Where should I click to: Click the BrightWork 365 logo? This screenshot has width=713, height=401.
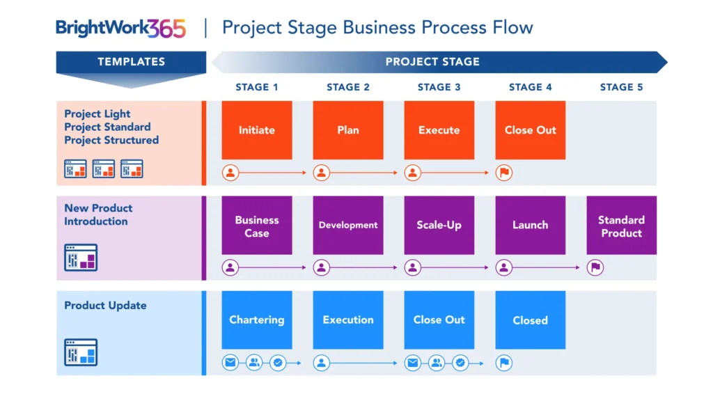[x=120, y=29]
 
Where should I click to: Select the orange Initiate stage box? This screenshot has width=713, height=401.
[x=257, y=130]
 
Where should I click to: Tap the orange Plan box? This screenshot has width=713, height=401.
[x=348, y=130]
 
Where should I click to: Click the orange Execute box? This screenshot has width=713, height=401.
[x=439, y=130]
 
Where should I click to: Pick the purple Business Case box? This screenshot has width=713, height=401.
[x=257, y=226]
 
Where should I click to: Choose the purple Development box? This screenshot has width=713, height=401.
[x=348, y=226]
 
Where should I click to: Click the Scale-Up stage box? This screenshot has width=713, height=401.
[x=439, y=226]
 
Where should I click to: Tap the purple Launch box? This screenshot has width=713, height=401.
[x=531, y=226]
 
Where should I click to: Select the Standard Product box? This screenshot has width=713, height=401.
[x=621, y=226]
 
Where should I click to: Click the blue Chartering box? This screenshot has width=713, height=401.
[x=257, y=320]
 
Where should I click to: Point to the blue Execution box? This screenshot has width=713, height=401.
[x=348, y=320]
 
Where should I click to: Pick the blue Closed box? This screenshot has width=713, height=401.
[x=531, y=320]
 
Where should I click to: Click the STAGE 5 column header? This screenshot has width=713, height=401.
[x=621, y=87]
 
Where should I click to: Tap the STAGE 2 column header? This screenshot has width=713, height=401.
[x=348, y=87]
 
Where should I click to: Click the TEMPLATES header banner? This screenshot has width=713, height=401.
[x=131, y=62]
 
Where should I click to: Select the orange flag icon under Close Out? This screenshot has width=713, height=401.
[x=504, y=173]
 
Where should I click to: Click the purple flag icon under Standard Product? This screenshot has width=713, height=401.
[x=595, y=267]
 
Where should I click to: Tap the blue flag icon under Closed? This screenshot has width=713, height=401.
[x=504, y=363]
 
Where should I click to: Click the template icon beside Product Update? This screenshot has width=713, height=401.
[x=81, y=352]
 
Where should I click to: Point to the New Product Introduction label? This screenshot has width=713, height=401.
[x=97, y=214]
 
